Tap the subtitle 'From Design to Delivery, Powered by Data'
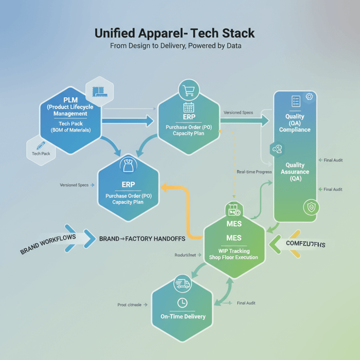pyautogui.click(x=175, y=46)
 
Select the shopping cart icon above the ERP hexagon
pyautogui.click(x=189, y=91)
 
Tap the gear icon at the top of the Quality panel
pyautogui.click(x=309, y=96)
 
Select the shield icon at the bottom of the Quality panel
pyautogui.click(x=310, y=207)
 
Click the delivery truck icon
pyautogui.click(x=182, y=283)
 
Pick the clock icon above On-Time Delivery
pyautogui.click(x=182, y=303)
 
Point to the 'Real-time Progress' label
pyautogui.click(x=254, y=172)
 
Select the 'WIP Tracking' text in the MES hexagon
pyautogui.click(x=234, y=251)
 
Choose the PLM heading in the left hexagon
pyautogui.click(x=70, y=100)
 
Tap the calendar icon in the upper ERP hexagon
pyautogui.click(x=189, y=107)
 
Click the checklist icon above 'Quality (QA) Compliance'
pyautogui.click(x=295, y=101)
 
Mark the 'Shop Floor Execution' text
pyautogui.click(x=234, y=257)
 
